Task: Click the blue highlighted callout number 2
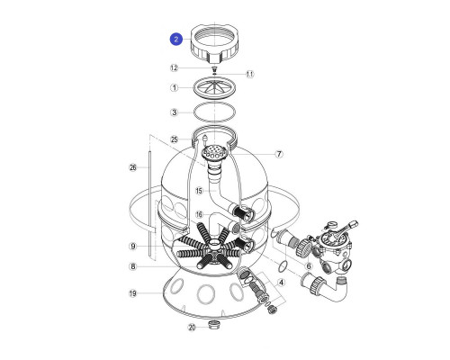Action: [176, 40]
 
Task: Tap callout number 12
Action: [174, 68]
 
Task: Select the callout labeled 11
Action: [250, 74]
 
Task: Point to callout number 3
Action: [175, 112]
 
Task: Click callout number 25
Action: [175, 139]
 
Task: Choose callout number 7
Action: [279, 154]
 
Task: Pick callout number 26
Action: [133, 167]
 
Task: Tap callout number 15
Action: [200, 191]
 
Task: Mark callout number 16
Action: [200, 214]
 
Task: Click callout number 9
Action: [133, 247]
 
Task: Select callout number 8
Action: [133, 266]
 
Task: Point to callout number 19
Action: [133, 293]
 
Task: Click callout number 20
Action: [192, 328]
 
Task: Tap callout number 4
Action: [281, 283]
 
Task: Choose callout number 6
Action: [309, 266]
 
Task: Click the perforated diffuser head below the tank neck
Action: [214, 152]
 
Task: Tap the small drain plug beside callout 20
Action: [214, 325]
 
